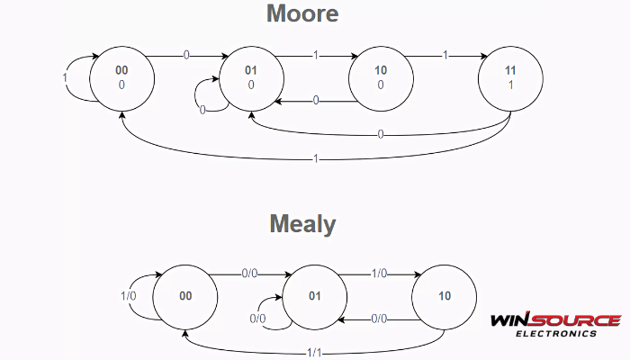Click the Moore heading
pyautogui.click(x=301, y=14)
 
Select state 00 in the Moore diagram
pyautogui.click(x=121, y=76)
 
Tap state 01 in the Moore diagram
pyautogui.click(x=251, y=76)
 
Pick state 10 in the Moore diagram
pyautogui.click(x=380, y=76)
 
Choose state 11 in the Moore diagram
pyautogui.click(x=510, y=76)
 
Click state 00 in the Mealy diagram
pyautogui.click(x=185, y=295)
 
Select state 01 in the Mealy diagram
pyautogui.click(x=315, y=295)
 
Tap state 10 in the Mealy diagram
pyautogui.click(x=445, y=295)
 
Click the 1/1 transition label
pyautogui.click(x=314, y=350)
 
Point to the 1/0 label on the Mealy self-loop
pyautogui.click(x=129, y=295)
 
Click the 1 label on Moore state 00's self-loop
pyautogui.click(x=65, y=77)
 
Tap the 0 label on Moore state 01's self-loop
pyautogui.click(x=202, y=109)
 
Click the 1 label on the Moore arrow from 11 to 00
pyautogui.click(x=314, y=158)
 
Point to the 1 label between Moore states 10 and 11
pyautogui.click(x=444, y=56)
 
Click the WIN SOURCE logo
pyautogui.click(x=555, y=320)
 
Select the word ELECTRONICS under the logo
pyautogui.click(x=555, y=333)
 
